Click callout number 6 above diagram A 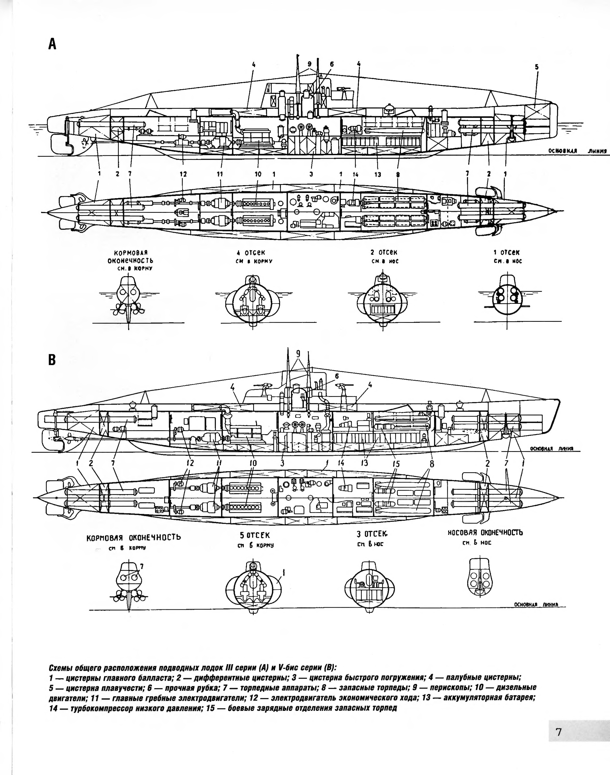point(332,64)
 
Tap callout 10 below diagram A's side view point(258,174)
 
